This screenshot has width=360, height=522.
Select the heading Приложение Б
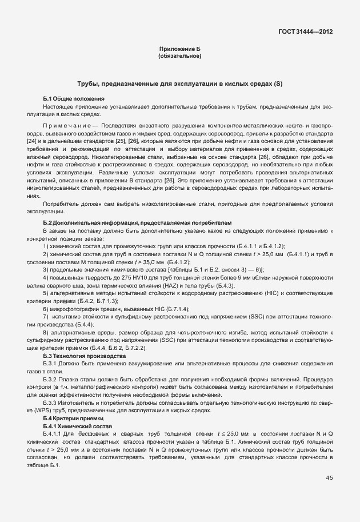(179, 50)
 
